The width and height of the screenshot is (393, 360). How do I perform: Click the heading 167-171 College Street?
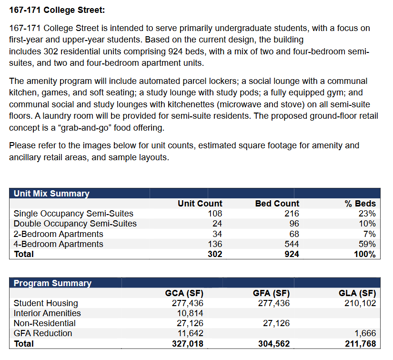coord(57,10)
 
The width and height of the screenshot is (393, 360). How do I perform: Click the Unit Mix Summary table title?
coord(51,194)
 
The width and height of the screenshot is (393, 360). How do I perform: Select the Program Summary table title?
coord(52,283)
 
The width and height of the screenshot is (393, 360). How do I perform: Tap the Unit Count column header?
coord(200,204)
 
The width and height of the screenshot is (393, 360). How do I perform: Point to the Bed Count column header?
coord(277,204)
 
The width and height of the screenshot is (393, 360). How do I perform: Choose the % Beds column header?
coord(360,204)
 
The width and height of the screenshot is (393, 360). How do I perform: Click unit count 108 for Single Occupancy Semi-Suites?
coord(215,214)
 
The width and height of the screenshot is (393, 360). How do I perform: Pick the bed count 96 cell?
coord(294,224)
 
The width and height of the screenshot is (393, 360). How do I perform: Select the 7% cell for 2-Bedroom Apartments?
coord(370,234)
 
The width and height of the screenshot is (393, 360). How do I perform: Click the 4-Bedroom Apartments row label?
coord(59,244)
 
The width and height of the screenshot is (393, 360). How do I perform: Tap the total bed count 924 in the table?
coord(292,254)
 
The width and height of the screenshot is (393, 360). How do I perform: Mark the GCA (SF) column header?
coord(184,293)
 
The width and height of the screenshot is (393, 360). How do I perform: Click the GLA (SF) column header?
coord(357,293)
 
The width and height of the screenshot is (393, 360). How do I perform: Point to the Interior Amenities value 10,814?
coord(190,313)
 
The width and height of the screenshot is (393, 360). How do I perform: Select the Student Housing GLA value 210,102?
coord(360,303)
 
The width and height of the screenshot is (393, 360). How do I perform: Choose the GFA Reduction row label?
coord(43,333)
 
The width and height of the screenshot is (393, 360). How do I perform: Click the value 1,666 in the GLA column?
coord(365,333)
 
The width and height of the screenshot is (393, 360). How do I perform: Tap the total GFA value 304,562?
coord(274,344)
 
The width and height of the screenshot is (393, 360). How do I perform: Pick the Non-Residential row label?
coord(45,323)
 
